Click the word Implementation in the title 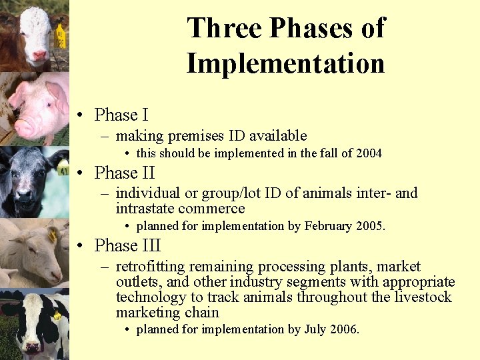[285, 64]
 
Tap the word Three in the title [223, 28]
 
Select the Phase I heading [121, 115]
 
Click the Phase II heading [125, 173]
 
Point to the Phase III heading [128, 246]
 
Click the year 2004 [369, 154]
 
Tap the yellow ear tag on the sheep [52, 235]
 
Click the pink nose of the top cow [39, 55]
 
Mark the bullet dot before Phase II [79, 174]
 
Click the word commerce [213, 209]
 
